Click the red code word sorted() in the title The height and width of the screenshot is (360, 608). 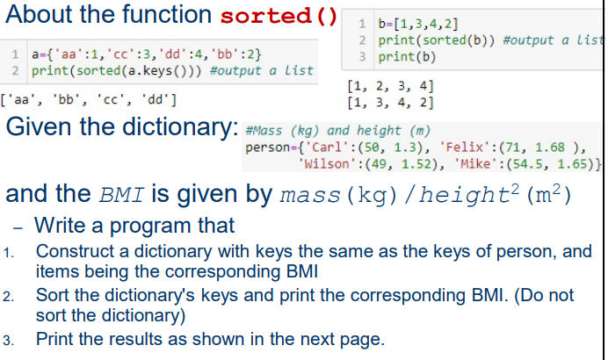[x=280, y=16]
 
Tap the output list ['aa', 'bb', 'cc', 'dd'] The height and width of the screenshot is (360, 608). [x=89, y=97]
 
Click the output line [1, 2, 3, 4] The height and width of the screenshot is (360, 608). [x=390, y=86]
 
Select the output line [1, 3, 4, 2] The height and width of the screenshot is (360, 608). [x=390, y=102]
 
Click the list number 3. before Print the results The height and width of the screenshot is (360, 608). [x=10, y=340]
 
